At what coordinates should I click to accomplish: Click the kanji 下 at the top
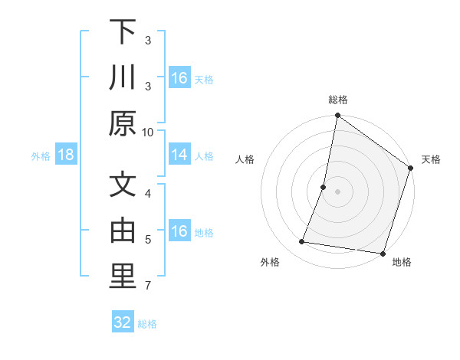122,32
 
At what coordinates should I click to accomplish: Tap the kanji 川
122,78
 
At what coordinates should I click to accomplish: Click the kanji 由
122,232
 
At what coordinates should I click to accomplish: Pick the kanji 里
122,278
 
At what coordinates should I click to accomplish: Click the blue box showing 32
123,322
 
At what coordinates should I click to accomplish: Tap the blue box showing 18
66,155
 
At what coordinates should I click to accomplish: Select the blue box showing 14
179,155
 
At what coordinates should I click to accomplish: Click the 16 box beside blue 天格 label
179,78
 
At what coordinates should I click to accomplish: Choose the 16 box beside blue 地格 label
179,232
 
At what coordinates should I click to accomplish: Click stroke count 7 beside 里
147,286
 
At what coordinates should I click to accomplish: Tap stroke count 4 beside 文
147,193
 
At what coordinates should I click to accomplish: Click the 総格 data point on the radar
337,116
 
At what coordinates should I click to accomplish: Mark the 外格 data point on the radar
302,242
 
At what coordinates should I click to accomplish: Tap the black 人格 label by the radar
245,159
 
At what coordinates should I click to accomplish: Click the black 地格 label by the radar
401,262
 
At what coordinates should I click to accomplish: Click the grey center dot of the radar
337,191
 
